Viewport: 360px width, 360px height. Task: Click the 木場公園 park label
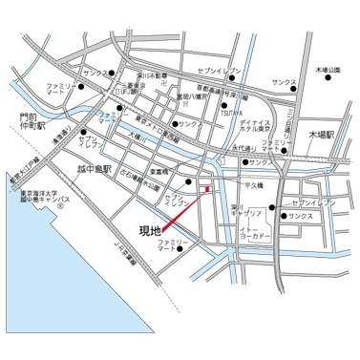click(x=328, y=70)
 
